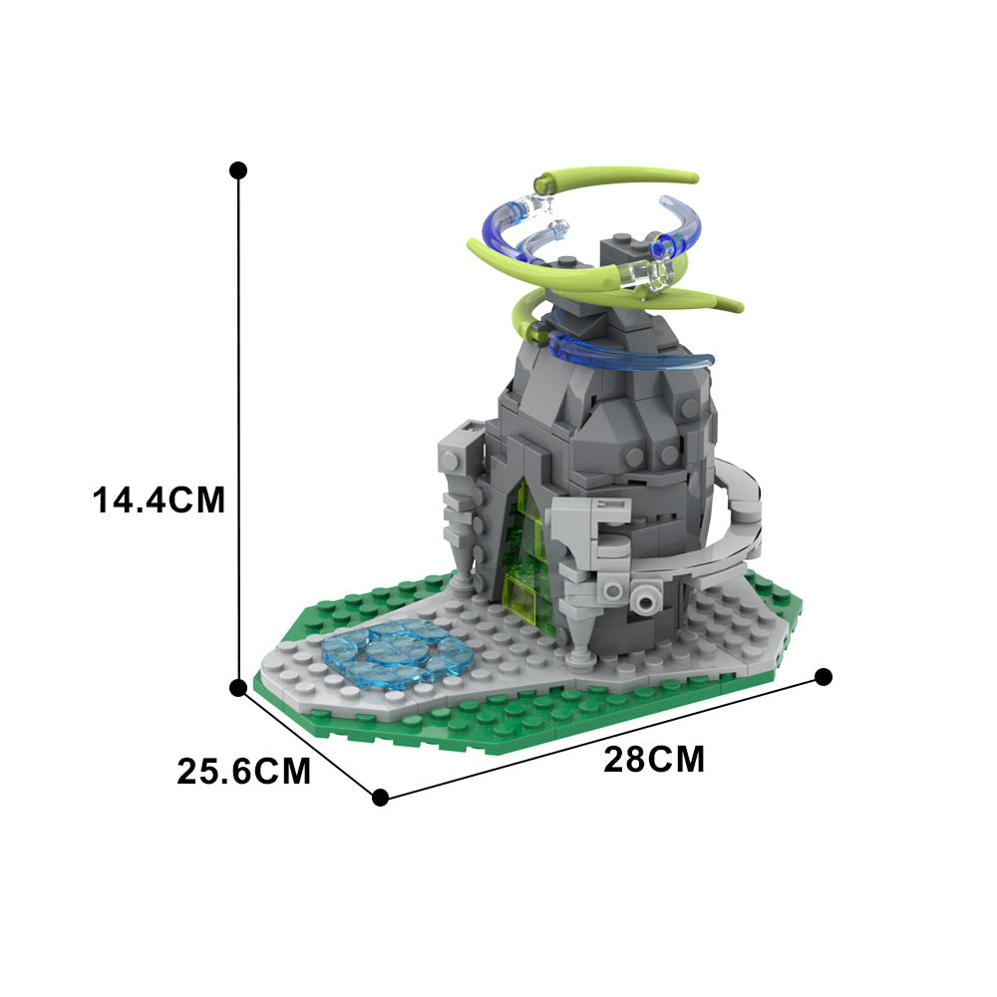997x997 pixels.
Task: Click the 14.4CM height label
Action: click(x=160, y=498)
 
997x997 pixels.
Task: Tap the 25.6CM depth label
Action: click(x=244, y=771)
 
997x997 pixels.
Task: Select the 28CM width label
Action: click(x=654, y=761)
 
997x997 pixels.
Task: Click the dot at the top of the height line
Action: click(x=238, y=170)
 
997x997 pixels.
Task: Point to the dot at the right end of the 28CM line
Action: click(x=824, y=677)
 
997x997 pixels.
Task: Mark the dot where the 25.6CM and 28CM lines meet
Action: click(x=380, y=797)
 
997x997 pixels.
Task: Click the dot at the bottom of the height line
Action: click(x=238, y=688)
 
